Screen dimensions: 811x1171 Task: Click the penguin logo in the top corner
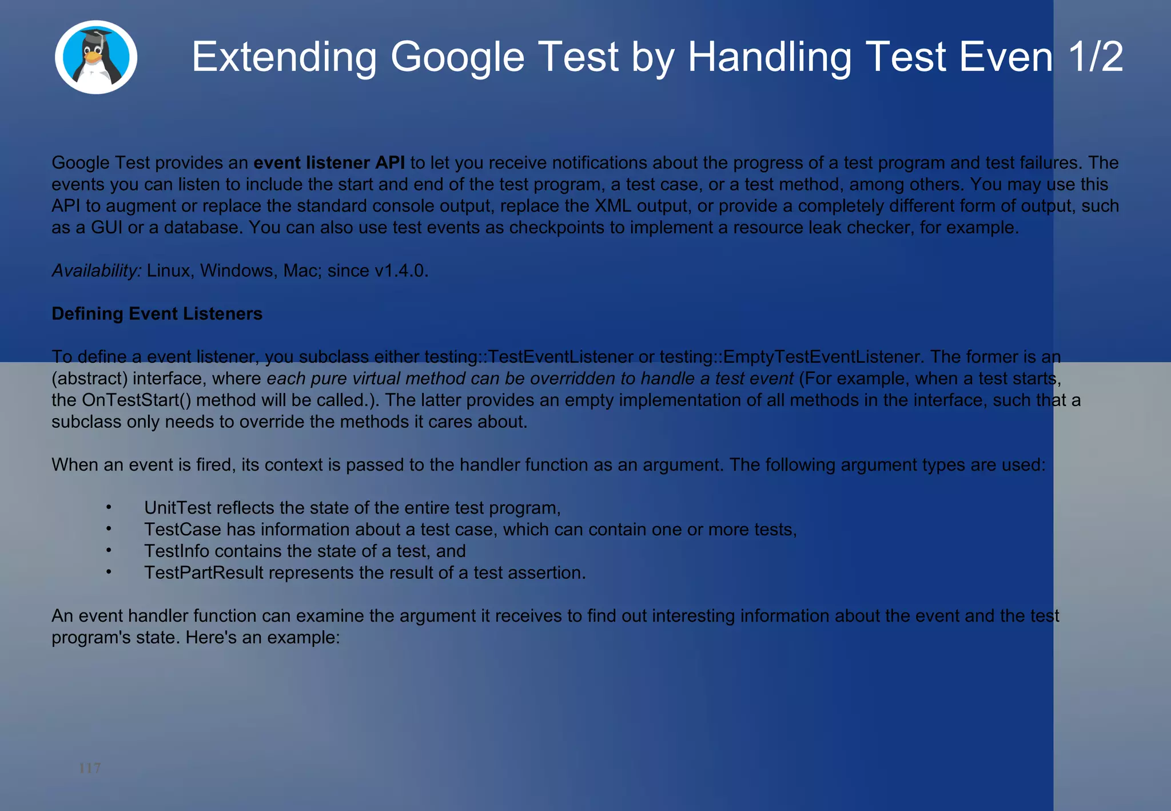[96, 57]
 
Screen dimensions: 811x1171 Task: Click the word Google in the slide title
[457, 57]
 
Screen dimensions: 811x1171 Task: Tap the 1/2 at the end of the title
[1095, 57]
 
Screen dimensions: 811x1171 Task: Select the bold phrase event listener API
[329, 163]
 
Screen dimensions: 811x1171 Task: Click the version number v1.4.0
[401, 271]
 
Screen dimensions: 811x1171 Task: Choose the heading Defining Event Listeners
[157, 314]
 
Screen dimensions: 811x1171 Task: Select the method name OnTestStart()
[137, 400]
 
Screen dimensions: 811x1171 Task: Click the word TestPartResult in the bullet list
[204, 573]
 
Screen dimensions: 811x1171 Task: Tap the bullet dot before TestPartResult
[109, 573]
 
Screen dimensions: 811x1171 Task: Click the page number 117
[90, 768]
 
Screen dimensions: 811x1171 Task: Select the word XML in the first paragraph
[613, 206]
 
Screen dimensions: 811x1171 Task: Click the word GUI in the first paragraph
[107, 228]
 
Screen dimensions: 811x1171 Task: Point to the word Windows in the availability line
[236, 271]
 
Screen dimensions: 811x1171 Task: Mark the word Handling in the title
[770, 57]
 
